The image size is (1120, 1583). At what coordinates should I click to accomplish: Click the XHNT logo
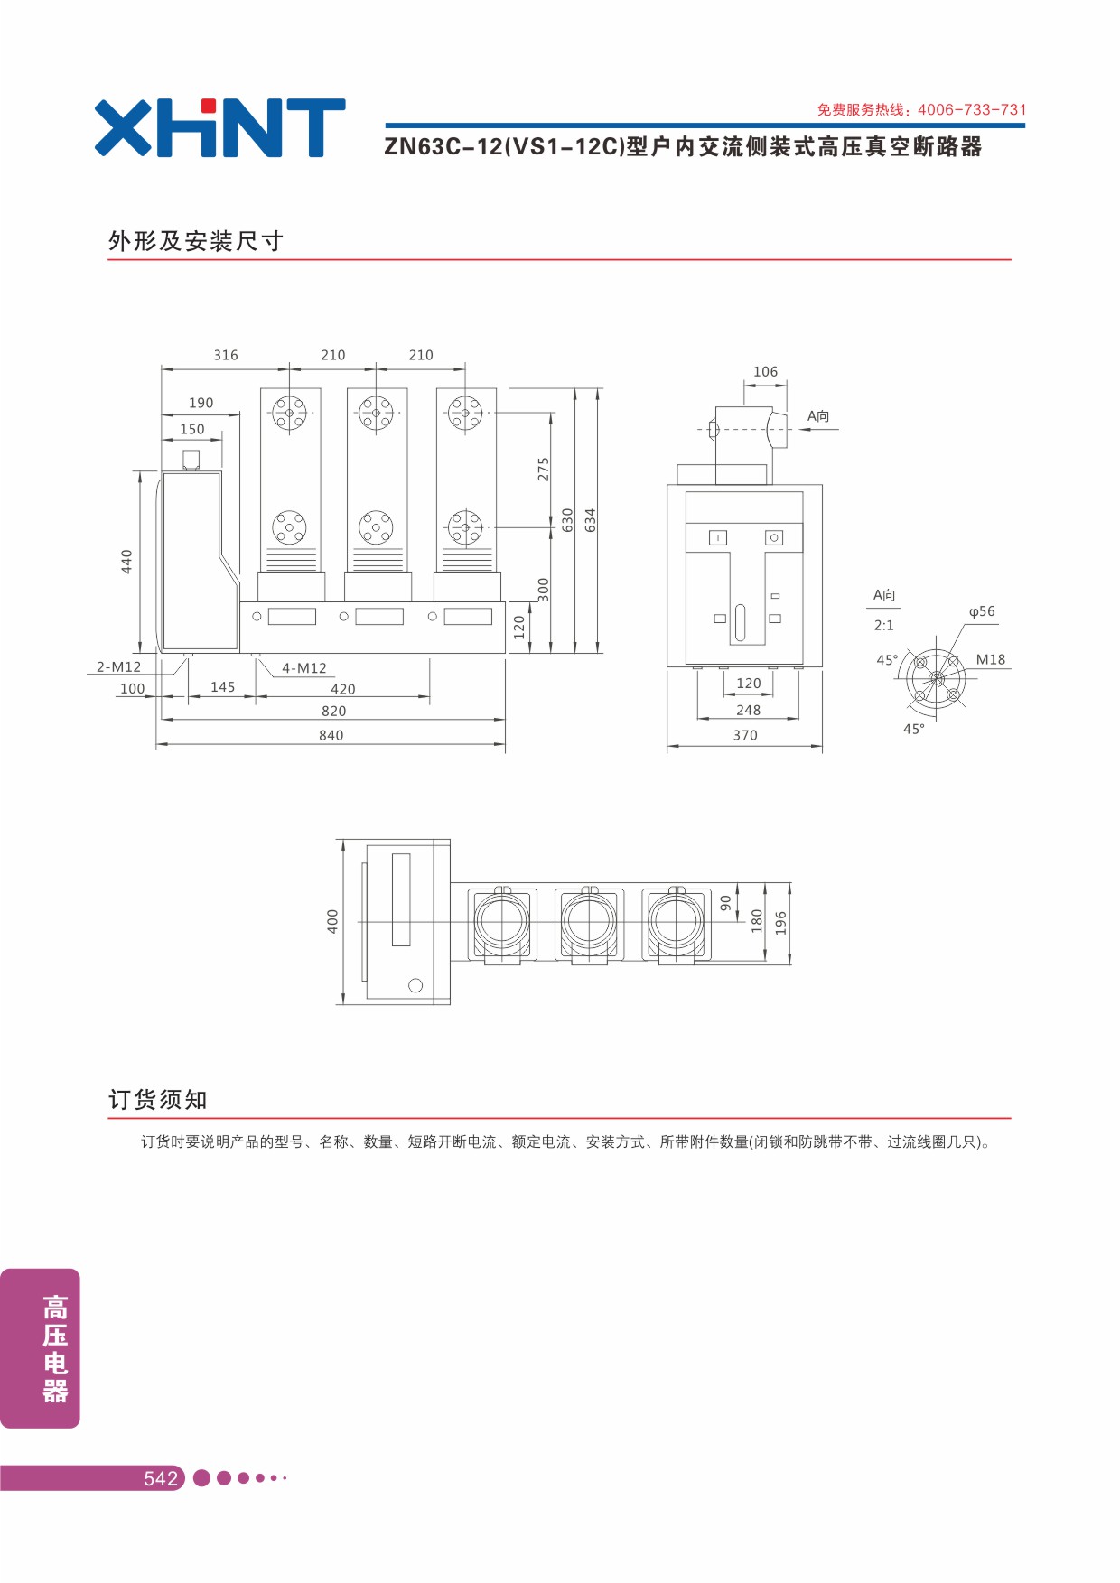click(219, 127)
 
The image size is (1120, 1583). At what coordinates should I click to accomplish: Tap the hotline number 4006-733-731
click(972, 110)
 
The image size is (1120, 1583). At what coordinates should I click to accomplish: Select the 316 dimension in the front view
click(226, 355)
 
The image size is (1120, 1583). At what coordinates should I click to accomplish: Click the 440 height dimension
click(127, 562)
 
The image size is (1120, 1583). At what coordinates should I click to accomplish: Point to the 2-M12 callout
click(119, 667)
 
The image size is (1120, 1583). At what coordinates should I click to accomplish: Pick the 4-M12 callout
click(304, 668)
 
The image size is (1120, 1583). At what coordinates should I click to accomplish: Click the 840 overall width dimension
click(331, 735)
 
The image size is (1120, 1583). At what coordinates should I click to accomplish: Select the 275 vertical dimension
click(544, 469)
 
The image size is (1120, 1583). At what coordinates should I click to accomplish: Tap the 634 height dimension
click(591, 520)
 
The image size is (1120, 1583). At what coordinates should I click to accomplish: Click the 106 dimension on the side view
click(765, 371)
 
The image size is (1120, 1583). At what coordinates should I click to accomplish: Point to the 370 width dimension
click(745, 735)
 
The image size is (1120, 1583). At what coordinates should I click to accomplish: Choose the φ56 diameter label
click(982, 611)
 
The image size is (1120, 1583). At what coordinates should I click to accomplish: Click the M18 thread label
click(991, 659)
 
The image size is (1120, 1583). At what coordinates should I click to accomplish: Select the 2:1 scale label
click(884, 625)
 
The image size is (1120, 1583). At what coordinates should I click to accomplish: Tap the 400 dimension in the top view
click(333, 921)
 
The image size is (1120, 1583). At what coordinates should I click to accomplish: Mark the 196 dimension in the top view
click(781, 923)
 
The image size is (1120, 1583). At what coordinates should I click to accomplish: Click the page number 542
click(161, 1478)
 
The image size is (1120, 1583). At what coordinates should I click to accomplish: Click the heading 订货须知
click(158, 1100)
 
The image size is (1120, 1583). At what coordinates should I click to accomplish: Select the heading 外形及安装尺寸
click(196, 241)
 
